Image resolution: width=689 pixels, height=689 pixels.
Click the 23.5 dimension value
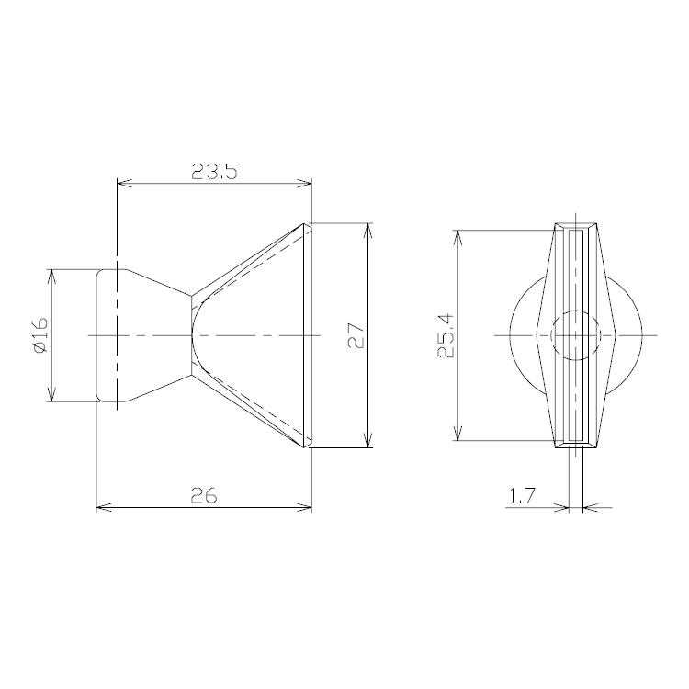(x=214, y=172)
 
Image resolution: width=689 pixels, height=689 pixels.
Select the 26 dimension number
(x=204, y=496)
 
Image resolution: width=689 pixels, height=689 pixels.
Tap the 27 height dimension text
(x=356, y=336)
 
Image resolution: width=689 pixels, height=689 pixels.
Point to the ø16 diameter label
(x=40, y=335)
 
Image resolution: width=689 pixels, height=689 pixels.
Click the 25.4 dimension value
(x=446, y=335)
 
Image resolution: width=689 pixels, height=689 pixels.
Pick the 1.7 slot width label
(x=522, y=497)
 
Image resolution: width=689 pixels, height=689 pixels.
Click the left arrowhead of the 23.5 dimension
(x=124, y=184)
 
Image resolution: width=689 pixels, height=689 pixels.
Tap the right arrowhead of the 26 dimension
(x=304, y=507)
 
